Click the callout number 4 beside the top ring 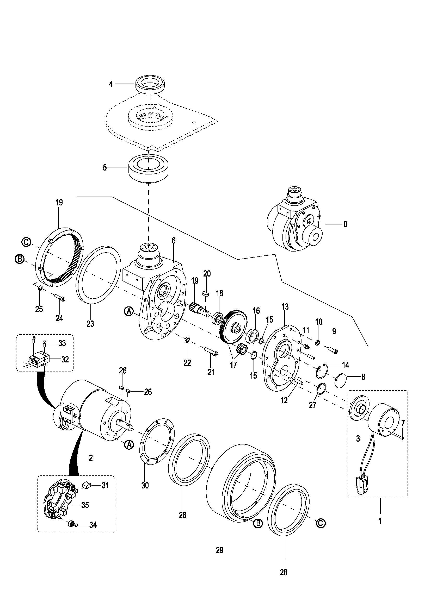pos(111,84)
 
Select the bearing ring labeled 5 pos(149,169)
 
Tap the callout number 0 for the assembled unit pos(345,224)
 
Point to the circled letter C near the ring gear pos(26,242)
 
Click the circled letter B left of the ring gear pos(20,259)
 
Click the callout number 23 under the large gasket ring pos(90,324)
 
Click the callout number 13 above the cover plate pos(285,307)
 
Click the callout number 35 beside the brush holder pos(85,505)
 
